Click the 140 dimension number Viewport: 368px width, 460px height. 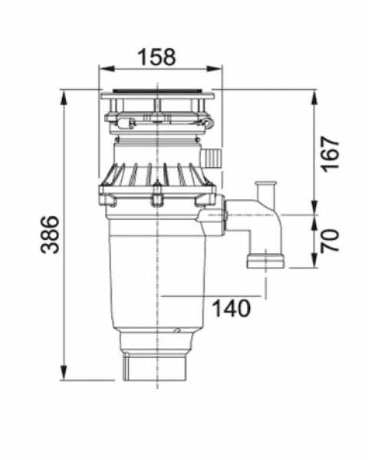pos(231,308)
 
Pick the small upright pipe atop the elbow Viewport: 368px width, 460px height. pos(267,190)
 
